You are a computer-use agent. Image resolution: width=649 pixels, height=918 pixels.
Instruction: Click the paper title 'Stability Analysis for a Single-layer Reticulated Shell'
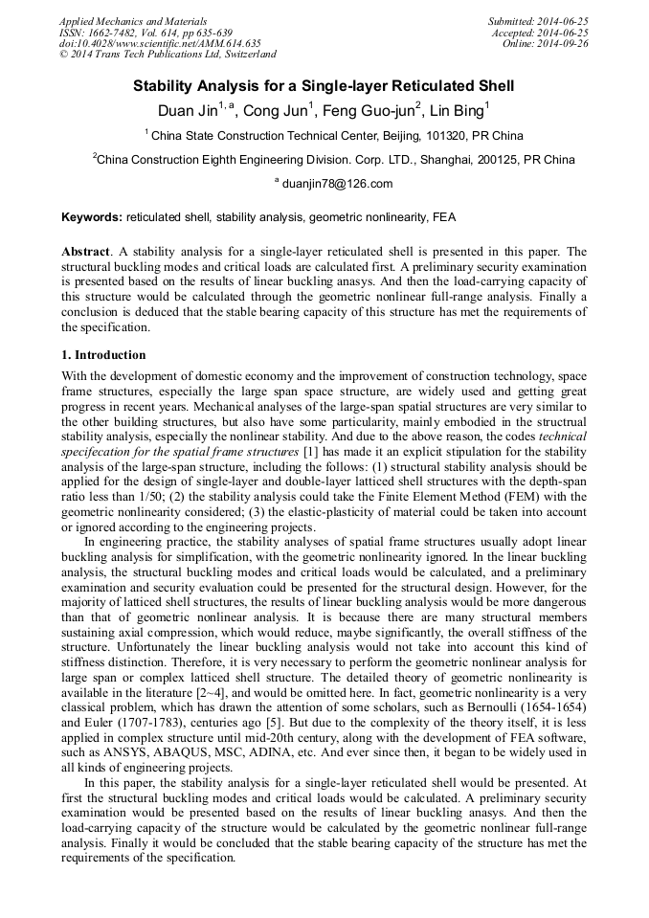tap(324, 86)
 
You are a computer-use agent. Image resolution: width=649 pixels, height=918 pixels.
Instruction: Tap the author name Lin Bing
tap(457, 111)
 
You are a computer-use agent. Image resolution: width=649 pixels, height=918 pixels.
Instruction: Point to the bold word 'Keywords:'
tap(92, 217)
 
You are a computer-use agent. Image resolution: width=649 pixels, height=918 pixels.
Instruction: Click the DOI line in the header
tap(160, 43)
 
